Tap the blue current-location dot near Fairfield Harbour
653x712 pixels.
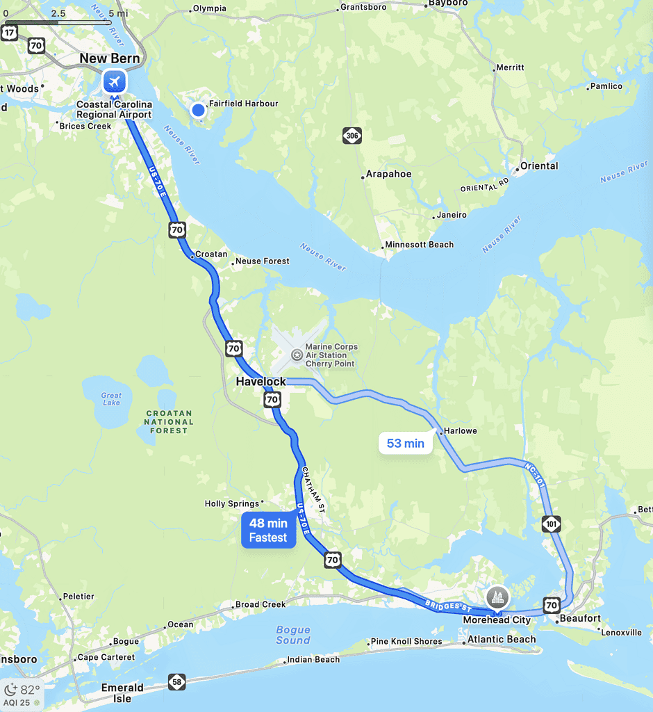click(199, 110)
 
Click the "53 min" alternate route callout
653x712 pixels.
click(405, 443)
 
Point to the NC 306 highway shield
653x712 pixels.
click(352, 136)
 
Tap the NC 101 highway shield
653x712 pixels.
click(552, 524)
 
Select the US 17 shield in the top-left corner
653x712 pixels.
click(10, 33)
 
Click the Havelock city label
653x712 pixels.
click(261, 382)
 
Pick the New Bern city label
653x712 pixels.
click(110, 58)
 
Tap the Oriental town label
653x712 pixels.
click(539, 166)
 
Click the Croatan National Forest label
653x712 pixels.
click(169, 421)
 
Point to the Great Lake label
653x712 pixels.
click(111, 399)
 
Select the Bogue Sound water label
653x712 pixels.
click(292, 635)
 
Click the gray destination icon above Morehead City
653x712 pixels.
click(497, 597)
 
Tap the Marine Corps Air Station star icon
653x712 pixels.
click(297, 355)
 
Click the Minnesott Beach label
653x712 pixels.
click(419, 245)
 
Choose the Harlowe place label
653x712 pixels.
click(461, 431)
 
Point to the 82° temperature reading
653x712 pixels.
click(28, 690)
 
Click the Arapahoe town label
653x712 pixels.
click(389, 175)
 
